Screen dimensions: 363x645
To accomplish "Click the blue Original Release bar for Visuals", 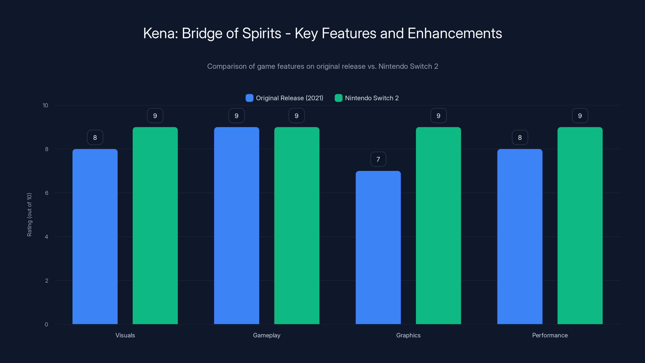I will coord(95,237).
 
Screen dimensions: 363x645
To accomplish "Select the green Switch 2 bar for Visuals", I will coord(155,225).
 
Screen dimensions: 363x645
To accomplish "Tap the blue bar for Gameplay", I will coord(236,225).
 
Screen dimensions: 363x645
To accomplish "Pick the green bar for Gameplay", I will coord(297,225).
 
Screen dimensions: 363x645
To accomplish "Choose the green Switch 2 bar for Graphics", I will coord(438,225).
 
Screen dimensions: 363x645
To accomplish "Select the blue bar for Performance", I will coord(520,237).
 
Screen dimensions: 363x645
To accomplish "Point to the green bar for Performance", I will coord(580,225).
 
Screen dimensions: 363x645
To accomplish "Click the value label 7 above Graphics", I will coord(378,159).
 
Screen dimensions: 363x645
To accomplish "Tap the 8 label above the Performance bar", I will coord(520,137).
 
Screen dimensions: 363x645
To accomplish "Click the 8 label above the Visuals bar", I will coord(95,137).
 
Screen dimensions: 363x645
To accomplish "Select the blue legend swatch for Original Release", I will coord(249,98).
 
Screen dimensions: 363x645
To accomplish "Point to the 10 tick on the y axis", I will coord(45,105).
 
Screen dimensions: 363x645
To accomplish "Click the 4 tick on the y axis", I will coord(46,237).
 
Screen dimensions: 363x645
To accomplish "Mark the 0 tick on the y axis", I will coord(46,324).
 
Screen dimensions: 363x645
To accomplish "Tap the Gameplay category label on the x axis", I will coord(267,335).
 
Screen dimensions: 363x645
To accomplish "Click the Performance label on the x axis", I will coord(550,335).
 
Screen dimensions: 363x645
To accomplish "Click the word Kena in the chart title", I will coord(160,33).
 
